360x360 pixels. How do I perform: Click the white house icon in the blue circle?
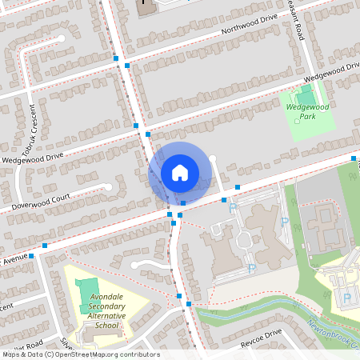point(179,173)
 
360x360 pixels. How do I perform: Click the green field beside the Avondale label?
point(88,294)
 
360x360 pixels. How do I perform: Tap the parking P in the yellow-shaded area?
point(346,298)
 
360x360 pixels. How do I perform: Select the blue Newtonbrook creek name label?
point(336,334)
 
